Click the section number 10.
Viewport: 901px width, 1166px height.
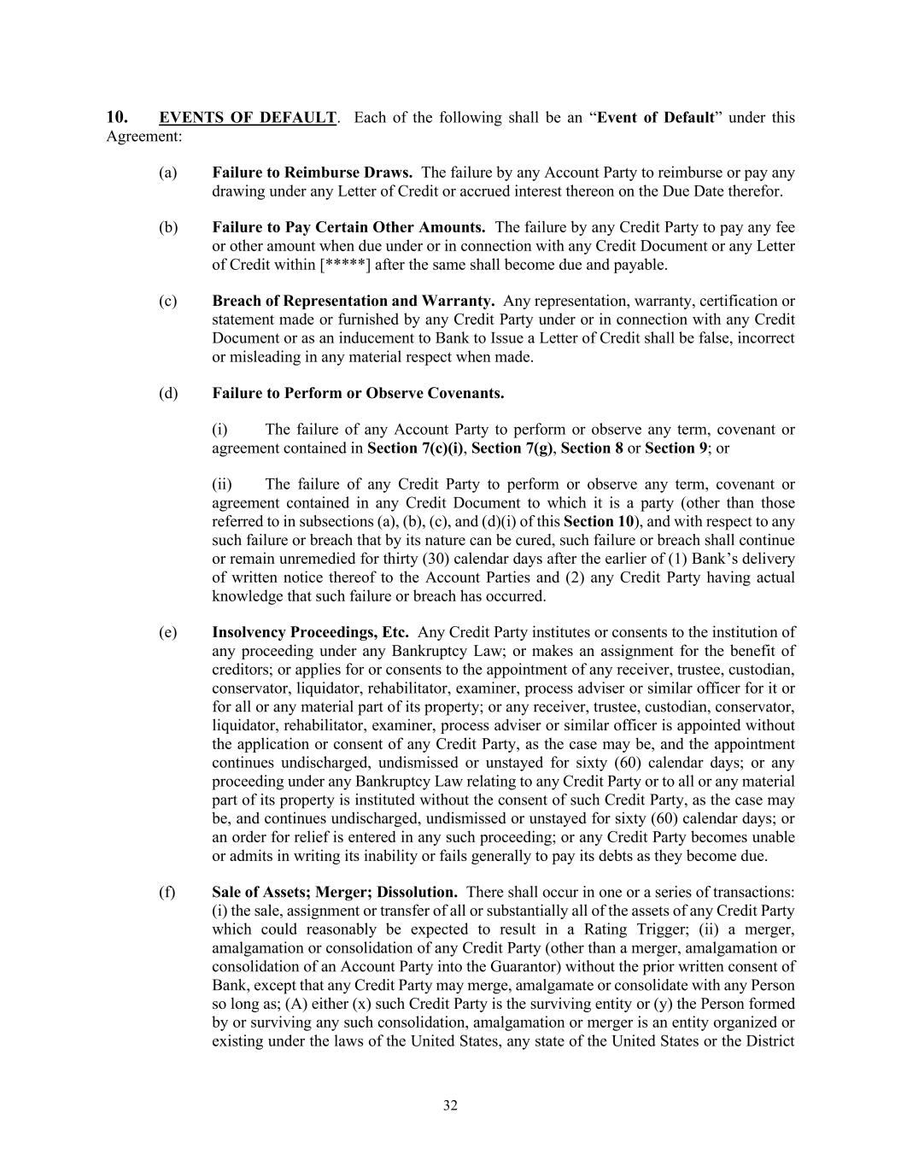[117, 118]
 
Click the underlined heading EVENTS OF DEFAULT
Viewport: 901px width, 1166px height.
[248, 118]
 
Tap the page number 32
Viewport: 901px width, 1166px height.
[450, 1105]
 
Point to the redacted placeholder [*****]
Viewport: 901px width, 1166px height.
[345, 265]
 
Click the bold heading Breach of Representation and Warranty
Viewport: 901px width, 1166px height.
[353, 302]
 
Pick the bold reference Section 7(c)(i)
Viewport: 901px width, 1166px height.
[415, 448]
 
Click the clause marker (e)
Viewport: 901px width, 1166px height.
[167, 633]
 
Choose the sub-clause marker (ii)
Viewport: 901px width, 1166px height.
[221, 485]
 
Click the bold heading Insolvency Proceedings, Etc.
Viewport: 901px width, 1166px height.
[310, 633]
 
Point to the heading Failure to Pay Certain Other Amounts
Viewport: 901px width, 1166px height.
[348, 228]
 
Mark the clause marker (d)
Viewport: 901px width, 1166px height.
[167, 394]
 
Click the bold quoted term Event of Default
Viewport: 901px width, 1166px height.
[655, 118]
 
